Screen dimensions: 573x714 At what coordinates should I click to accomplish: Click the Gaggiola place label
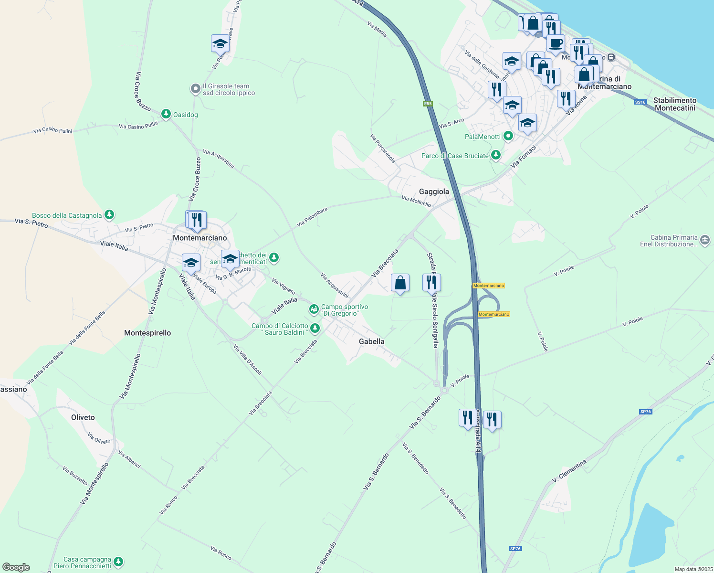[x=434, y=191]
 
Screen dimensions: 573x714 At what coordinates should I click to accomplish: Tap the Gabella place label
[x=371, y=341]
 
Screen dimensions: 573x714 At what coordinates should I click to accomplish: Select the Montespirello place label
[x=147, y=333]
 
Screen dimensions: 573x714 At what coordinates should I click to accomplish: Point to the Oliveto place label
[x=83, y=417]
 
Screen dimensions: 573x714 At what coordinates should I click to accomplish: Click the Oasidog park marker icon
[x=166, y=114]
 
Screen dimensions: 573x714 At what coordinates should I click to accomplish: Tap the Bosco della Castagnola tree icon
[x=109, y=215]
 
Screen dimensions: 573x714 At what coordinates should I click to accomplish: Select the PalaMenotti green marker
[x=508, y=136]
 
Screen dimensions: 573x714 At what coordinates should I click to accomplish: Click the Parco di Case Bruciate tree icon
[x=496, y=155]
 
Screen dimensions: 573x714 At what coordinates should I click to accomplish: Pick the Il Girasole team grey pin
[x=195, y=89]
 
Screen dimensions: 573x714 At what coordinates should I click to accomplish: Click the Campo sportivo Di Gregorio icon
[x=314, y=309]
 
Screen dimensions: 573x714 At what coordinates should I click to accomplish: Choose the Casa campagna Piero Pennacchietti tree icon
[x=118, y=562]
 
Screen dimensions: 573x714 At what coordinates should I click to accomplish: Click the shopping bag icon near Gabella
[x=400, y=283]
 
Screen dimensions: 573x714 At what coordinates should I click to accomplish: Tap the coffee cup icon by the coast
[x=556, y=43]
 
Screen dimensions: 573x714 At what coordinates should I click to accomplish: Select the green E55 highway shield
[x=428, y=104]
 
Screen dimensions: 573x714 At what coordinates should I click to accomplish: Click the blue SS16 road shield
[x=640, y=102]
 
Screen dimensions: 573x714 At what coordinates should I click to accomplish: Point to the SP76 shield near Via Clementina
[x=645, y=412]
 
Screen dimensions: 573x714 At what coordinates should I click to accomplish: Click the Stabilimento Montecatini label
[x=675, y=104]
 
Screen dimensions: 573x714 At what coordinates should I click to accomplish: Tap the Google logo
[x=16, y=567]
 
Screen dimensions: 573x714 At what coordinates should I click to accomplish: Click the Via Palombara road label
[x=312, y=217]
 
